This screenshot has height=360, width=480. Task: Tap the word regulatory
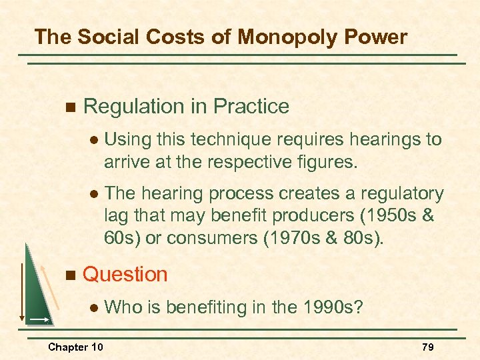pyautogui.click(x=402, y=193)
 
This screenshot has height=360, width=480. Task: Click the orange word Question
pyautogui.click(x=125, y=274)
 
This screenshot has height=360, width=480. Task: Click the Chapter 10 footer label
pyautogui.click(x=75, y=347)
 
